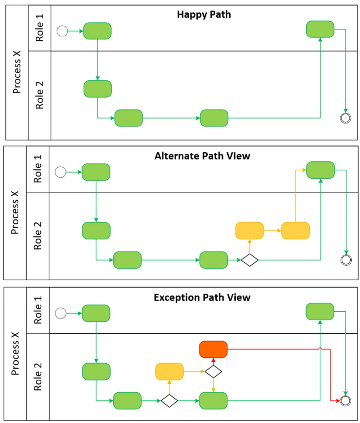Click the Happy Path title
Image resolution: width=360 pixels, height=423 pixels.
[204, 15]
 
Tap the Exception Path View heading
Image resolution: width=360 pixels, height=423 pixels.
[202, 298]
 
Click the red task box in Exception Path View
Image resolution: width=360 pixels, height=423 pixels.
[213, 349]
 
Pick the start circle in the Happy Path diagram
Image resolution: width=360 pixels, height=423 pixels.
[62, 31]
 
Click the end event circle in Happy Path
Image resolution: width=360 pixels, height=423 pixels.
[346, 118]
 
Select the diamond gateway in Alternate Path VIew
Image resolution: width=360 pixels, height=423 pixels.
[249, 260]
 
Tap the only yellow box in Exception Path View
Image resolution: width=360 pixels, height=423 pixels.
[169, 371]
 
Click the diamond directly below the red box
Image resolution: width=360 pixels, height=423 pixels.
[213, 371]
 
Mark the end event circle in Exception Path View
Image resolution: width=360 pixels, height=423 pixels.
[346, 400]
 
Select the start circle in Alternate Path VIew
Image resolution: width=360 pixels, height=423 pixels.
[60, 172]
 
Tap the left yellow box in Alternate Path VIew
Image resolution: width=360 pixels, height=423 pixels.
[249, 231]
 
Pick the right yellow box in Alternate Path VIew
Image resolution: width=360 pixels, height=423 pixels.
[295, 231]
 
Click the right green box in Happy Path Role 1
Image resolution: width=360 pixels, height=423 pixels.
[320, 29]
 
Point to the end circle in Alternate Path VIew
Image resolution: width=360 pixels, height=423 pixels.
[346, 259]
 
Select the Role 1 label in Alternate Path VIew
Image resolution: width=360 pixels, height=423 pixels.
[38, 169]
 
